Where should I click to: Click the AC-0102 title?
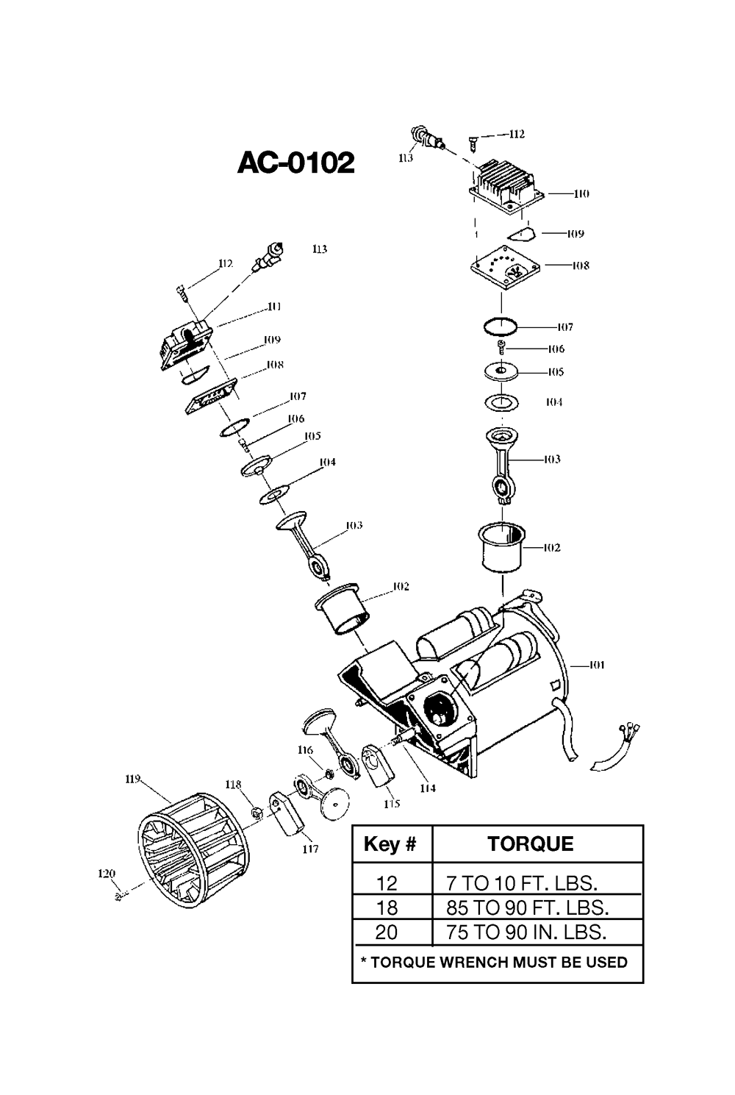295,163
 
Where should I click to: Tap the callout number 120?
107,874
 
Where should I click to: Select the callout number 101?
596,665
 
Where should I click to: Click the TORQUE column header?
531,844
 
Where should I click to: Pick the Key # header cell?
390,844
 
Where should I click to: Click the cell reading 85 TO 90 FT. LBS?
527,907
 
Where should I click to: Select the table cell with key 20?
386,932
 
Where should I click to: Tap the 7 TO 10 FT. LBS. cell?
522,883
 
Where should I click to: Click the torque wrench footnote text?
494,962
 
